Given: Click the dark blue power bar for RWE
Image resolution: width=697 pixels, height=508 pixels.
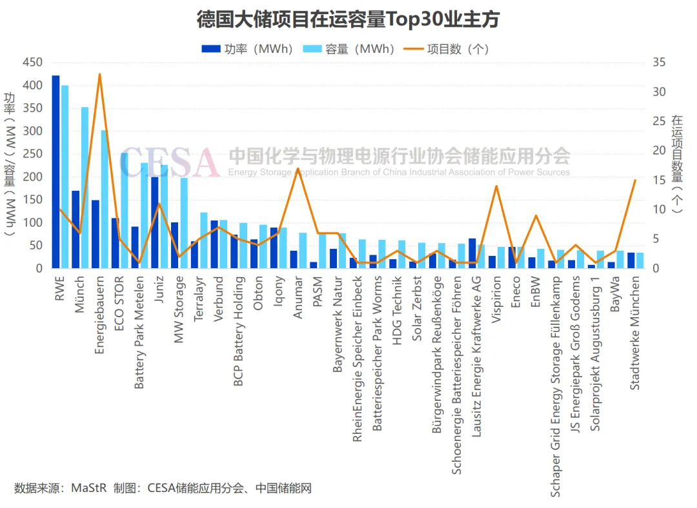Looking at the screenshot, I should click(56, 171).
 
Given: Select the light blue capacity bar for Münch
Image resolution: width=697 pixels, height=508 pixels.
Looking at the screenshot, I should click(85, 187).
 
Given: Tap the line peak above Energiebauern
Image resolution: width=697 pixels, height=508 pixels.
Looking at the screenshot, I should click(99, 74).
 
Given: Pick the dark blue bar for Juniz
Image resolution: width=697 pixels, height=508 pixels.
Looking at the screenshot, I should click(154, 222).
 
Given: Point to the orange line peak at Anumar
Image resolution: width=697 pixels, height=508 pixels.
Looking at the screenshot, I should click(298, 169).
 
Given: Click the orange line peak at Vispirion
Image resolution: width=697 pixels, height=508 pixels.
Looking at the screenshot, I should click(496, 186).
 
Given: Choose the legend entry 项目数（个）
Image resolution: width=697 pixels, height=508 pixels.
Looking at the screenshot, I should click(447, 49).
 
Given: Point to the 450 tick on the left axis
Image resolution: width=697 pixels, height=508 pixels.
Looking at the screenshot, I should click(32, 63).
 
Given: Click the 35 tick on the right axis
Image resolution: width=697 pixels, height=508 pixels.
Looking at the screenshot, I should click(658, 63).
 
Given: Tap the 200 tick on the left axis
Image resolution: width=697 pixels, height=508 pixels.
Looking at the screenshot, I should click(32, 177).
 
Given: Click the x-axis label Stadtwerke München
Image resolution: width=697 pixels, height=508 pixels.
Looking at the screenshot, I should click(635, 333).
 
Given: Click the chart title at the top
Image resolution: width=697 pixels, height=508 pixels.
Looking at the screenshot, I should click(348, 19).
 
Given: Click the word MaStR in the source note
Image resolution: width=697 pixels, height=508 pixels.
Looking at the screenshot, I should click(88, 488).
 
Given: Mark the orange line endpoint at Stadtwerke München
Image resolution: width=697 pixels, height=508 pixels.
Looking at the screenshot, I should click(635, 181).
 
